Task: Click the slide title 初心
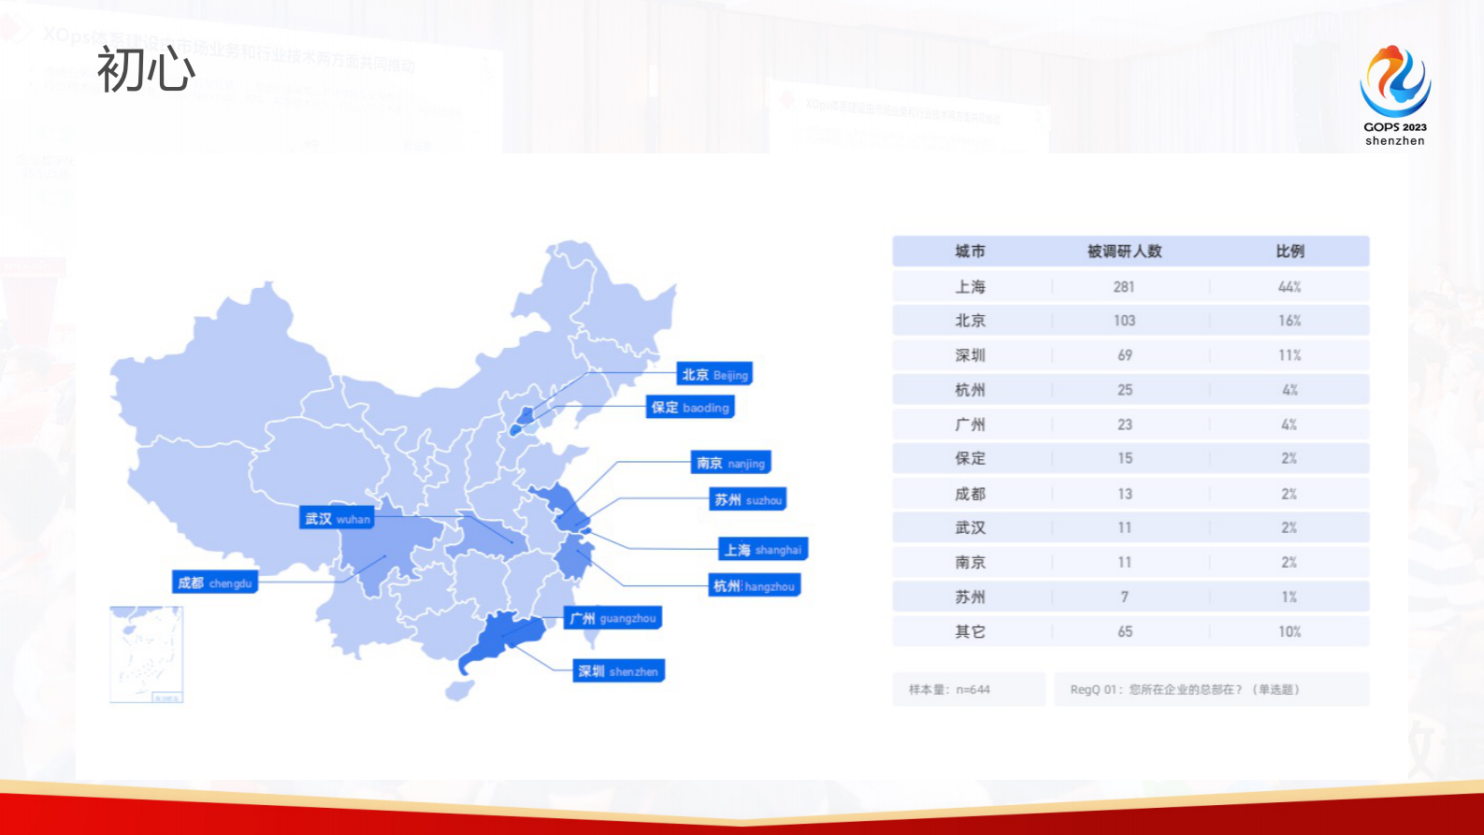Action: [146, 70]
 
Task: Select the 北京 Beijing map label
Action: [714, 375]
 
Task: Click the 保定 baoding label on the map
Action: [690, 408]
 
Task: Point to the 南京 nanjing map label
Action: [730, 463]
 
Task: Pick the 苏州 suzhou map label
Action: [748, 500]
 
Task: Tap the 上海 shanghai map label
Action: [762, 550]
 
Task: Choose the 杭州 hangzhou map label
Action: [754, 586]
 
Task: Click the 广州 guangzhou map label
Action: [612, 618]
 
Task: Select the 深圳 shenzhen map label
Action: [618, 671]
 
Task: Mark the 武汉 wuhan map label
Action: [337, 518]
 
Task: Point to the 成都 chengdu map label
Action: [215, 583]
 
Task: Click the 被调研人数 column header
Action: [1124, 252]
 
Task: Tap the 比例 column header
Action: [1289, 252]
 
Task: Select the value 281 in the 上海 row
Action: [1124, 287]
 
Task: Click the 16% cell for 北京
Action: [1289, 321]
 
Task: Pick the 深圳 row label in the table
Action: [970, 355]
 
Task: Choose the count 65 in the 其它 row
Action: [1125, 632]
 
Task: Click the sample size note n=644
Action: [949, 690]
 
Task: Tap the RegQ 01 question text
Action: [1185, 690]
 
